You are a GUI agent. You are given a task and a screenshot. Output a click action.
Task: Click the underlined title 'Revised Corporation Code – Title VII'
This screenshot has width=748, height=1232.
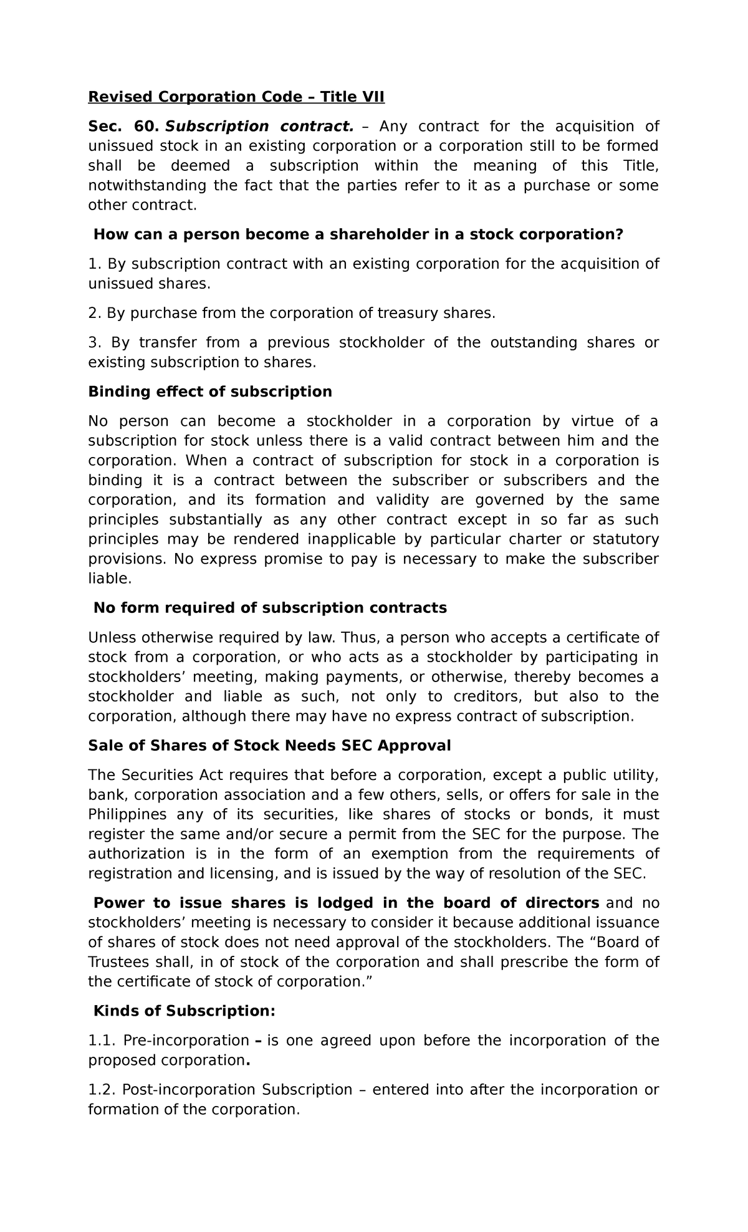(x=236, y=97)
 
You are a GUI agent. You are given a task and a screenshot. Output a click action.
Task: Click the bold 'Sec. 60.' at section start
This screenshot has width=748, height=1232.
(x=122, y=127)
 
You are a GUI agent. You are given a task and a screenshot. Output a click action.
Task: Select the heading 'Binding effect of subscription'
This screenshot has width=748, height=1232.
(x=210, y=392)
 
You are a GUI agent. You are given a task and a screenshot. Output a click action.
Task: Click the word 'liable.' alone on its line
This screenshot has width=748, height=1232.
(x=110, y=579)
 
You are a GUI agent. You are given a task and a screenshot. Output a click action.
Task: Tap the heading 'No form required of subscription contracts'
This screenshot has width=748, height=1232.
(x=270, y=608)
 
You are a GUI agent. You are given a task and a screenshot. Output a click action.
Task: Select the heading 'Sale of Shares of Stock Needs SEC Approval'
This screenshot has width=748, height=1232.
(x=269, y=746)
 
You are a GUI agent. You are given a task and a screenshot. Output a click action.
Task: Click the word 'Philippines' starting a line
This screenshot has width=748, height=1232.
(x=127, y=814)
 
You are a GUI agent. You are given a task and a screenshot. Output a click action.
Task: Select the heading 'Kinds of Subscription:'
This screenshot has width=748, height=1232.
(x=184, y=1011)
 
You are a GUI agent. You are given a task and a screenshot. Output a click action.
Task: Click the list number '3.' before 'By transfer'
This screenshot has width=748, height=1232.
(x=95, y=342)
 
